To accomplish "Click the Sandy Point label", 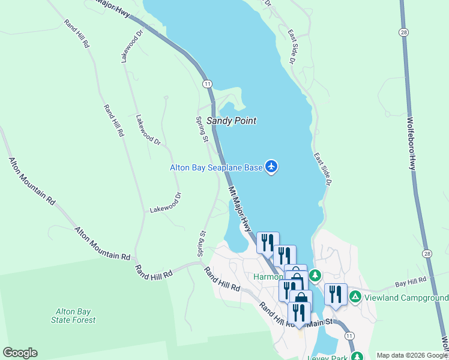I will tap(231, 121).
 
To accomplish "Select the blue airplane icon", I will tap(271, 166).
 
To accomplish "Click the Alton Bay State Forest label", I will tap(75, 316).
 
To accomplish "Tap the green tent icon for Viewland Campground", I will tap(355, 296).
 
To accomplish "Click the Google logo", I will tap(20, 353).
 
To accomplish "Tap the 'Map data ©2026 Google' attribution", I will tap(412, 355).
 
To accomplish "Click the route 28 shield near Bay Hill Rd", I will tap(426, 254).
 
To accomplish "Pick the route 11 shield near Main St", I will tap(350, 335).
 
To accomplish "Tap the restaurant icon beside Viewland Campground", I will tap(336, 294).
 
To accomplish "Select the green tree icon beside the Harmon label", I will tap(315, 275).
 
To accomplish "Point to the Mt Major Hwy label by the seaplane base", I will tap(240, 209).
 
